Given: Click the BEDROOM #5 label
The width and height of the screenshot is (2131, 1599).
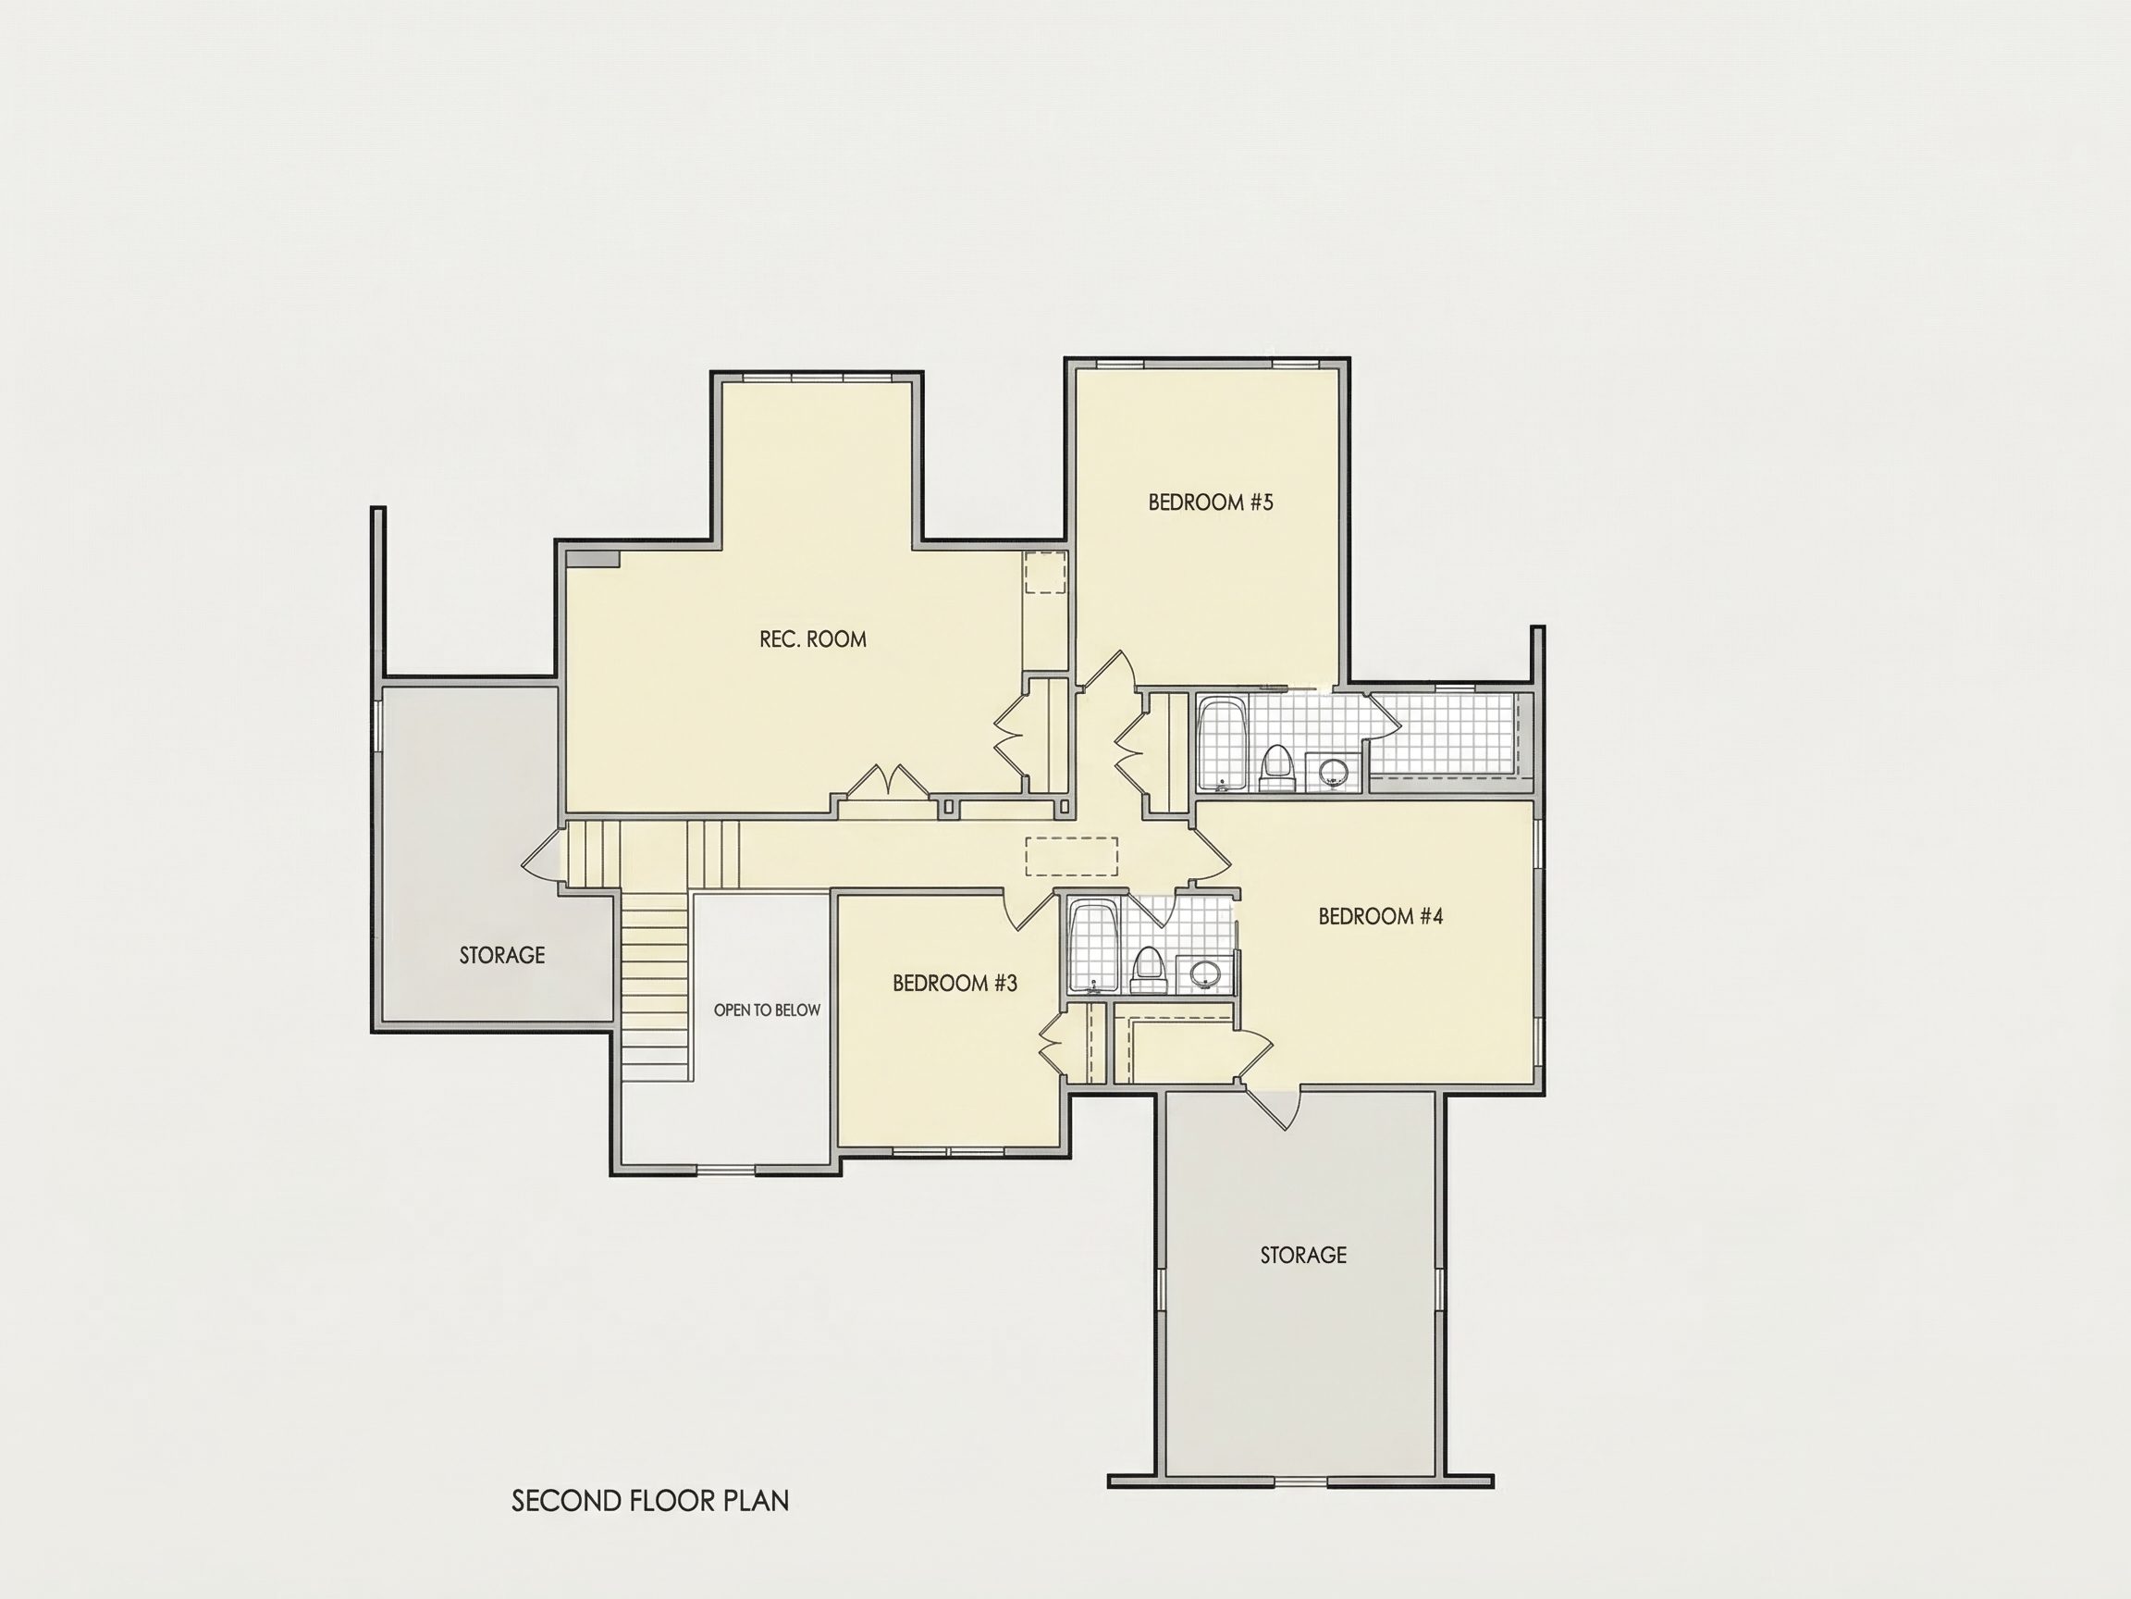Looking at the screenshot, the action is tap(1210, 502).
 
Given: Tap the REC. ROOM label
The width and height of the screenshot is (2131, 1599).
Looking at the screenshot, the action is tap(812, 639).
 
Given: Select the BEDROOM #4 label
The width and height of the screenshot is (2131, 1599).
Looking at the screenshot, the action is tap(1381, 916).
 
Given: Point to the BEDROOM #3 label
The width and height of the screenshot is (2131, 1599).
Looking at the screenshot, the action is tap(955, 983).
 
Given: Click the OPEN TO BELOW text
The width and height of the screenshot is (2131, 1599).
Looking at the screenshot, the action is tap(767, 1010).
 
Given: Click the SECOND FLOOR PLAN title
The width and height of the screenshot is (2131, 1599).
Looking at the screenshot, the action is tap(650, 1501).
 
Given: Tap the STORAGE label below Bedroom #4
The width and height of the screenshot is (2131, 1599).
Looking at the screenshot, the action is tap(1303, 1255).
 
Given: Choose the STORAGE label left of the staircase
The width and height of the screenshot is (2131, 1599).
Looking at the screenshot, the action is tap(502, 955).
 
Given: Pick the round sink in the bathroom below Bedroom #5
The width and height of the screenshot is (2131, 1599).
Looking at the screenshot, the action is tap(1334, 770).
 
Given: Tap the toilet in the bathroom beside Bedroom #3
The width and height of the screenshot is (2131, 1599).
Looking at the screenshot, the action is tap(1148, 970).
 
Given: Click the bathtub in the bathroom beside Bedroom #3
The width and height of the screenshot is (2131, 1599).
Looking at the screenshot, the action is tap(1093, 947).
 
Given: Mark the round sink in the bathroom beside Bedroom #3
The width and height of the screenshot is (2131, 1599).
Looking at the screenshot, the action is tap(1204, 973).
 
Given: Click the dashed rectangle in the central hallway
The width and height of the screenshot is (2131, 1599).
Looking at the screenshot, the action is tap(1071, 856).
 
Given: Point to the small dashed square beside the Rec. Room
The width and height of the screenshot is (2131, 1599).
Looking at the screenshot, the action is tap(1044, 573).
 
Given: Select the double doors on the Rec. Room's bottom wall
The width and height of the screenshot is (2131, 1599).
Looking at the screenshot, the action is tap(885, 782).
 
